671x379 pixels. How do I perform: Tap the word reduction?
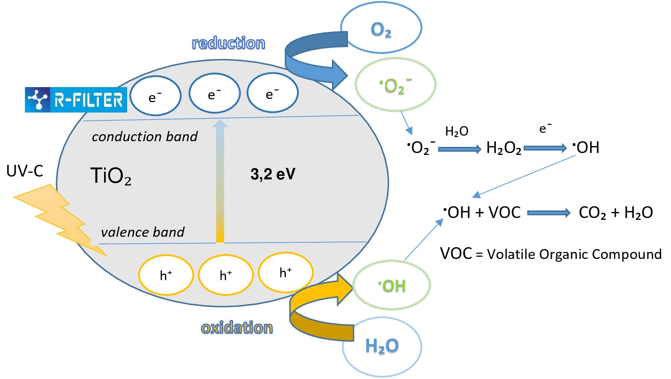click(x=229, y=44)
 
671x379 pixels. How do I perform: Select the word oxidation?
click(x=237, y=327)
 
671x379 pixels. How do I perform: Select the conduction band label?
click(x=145, y=137)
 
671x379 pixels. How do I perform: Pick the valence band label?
click(x=142, y=232)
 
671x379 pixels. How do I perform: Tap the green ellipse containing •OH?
click(x=392, y=285)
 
